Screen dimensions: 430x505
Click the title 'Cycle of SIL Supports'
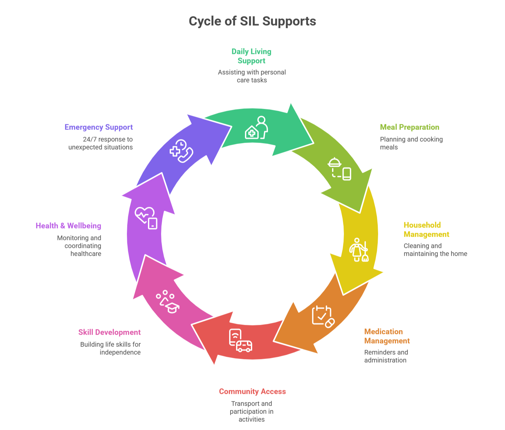click(x=252, y=21)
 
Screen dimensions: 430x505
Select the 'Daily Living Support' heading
click(x=252, y=56)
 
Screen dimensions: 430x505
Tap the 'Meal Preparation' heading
click(x=409, y=127)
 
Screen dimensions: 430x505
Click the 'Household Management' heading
click(x=426, y=230)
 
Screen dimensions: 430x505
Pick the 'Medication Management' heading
click(x=387, y=336)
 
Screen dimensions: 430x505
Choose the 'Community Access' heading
click(x=252, y=392)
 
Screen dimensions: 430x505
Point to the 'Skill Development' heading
click(x=109, y=332)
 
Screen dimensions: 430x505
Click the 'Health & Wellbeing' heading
click(x=68, y=226)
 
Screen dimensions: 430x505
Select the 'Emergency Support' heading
click(x=99, y=127)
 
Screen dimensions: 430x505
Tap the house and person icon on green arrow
click(x=256, y=128)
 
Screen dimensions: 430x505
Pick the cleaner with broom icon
click(x=358, y=250)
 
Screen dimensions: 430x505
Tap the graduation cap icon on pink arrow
click(x=168, y=302)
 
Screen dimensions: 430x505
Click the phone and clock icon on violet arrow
click(x=181, y=151)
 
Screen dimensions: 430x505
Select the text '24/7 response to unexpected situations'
click(x=101, y=143)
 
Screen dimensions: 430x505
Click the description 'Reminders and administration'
click(x=386, y=356)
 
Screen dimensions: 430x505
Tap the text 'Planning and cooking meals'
click(x=411, y=143)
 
